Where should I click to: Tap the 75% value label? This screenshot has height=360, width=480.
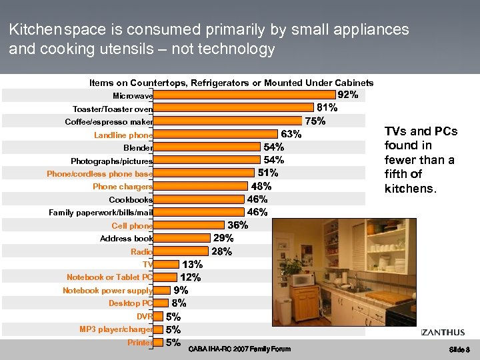pyautogui.click(x=315, y=121)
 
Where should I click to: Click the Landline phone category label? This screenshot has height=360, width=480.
pyautogui.click(x=123, y=135)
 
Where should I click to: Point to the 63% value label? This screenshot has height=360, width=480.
pyautogui.click(x=291, y=135)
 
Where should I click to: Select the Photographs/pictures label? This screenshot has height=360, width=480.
pyautogui.click(x=111, y=161)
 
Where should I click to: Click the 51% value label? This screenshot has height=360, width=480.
pyautogui.click(x=268, y=173)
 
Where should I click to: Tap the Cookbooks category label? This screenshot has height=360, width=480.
pyautogui.click(x=131, y=200)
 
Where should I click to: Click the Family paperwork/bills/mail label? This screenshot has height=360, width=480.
pyautogui.click(x=101, y=213)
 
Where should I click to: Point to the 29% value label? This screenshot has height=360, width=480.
pyautogui.click(x=223, y=238)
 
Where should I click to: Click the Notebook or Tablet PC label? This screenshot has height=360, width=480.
pyautogui.click(x=109, y=277)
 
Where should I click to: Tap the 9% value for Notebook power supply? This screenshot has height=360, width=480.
pyautogui.click(x=181, y=290)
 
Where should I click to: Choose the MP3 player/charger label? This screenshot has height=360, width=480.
pyautogui.click(x=116, y=329)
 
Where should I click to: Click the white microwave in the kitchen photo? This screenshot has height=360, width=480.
pyautogui.click(x=303, y=279)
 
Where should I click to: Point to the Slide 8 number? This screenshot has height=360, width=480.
pyautogui.click(x=459, y=349)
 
